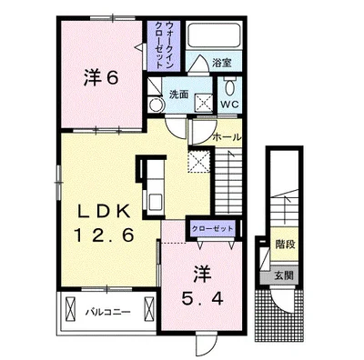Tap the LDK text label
105,212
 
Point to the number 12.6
105,235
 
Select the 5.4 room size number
202,299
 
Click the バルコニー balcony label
107,312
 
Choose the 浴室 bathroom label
222,63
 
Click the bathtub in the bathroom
215,35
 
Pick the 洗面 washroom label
179,95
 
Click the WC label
229,105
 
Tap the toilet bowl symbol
229,87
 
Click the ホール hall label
227,137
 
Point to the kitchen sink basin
156,202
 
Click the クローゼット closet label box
213,228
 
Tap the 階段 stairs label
285,245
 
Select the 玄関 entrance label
284,275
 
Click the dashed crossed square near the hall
198,161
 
